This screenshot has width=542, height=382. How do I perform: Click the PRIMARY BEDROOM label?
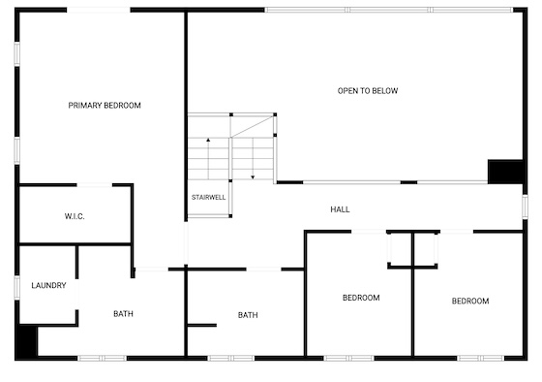[x=105, y=106]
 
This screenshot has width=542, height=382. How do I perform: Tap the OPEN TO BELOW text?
[x=368, y=91]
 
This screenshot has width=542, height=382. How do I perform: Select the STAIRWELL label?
[x=208, y=198]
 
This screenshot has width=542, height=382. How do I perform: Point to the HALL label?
[x=340, y=209]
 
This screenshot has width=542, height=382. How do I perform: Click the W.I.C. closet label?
[x=75, y=216]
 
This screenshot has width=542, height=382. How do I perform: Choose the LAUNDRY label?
[x=48, y=285]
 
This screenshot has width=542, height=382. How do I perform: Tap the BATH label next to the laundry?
[x=124, y=314]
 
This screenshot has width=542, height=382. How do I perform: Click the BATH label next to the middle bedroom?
[x=248, y=315]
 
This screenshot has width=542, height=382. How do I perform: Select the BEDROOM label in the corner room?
[x=470, y=301]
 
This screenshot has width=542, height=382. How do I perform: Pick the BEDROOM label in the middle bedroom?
[x=361, y=298]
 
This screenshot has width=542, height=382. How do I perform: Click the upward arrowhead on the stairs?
[x=208, y=140]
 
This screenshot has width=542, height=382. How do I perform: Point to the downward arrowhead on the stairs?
[x=253, y=177]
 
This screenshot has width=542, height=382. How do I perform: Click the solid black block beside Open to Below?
[x=505, y=172]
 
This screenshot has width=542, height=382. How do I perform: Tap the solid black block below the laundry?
[x=27, y=341]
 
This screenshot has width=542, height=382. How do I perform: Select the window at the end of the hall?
[x=525, y=207]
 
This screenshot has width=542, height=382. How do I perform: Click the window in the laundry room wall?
[x=17, y=287]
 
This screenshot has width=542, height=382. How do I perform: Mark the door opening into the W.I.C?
[x=95, y=185]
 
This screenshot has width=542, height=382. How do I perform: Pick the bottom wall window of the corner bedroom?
[x=480, y=358]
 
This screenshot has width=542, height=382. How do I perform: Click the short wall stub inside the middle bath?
[x=202, y=325]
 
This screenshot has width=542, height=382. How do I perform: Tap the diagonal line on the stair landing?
[x=253, y=127]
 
